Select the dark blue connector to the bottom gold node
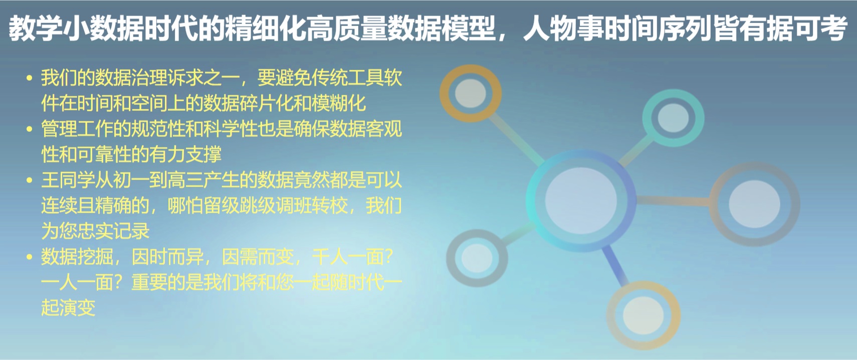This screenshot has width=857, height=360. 615,266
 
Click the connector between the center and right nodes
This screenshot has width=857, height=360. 673,201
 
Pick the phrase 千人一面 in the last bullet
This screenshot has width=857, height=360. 348,257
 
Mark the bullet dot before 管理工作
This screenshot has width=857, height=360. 29,129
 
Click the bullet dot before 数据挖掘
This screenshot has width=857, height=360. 29,257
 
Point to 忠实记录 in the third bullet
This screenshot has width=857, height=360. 113,231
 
